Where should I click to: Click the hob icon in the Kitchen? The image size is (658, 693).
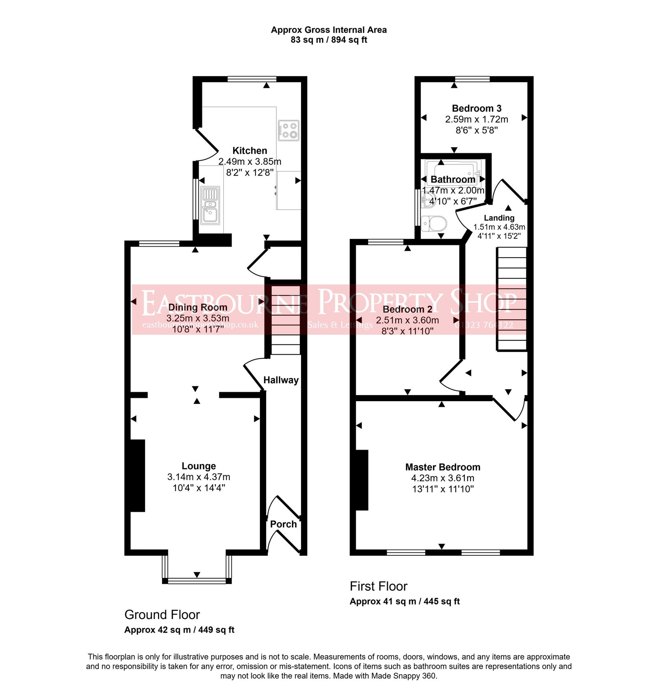click(289, 130)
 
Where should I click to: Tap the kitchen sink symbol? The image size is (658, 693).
click(210, 205)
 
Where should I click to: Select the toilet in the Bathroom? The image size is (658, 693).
click(435, 224)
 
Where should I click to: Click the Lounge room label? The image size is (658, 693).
click(199, 466)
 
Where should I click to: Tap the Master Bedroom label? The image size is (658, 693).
click(443, 467)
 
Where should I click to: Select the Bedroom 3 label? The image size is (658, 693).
click(476, 109)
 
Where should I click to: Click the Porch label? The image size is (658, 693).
click(283, 524)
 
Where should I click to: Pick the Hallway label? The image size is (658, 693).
click(281, 380)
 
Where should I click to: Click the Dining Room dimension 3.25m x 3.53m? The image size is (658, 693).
click(198, 318)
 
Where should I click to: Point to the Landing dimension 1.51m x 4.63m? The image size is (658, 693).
click(499, 227)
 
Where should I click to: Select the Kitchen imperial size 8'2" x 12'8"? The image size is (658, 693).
click(250, 173)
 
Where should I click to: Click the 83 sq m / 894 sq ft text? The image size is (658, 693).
click(329, 40)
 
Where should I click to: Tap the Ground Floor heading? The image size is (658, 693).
click(162, 615)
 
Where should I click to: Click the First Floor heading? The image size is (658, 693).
click(378, 586)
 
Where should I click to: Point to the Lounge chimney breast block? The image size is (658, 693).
click(137, 476)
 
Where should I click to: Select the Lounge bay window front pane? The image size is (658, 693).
click(197, 581)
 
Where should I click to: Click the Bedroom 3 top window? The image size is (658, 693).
click(472, 79)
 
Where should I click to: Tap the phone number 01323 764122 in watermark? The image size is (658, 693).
click(484, 325)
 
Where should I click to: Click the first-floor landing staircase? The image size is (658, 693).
click(512, 299)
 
